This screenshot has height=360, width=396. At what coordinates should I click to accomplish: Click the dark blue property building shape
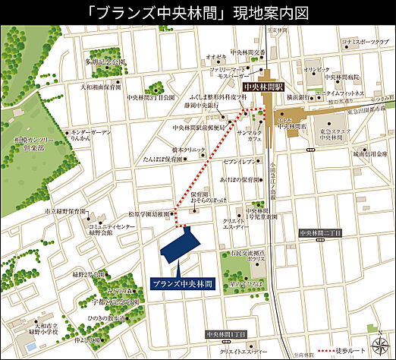pos(180,245)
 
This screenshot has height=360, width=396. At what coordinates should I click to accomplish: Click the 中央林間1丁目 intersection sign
pos(227,335)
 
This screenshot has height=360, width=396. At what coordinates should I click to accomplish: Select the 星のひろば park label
pos(249,280)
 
